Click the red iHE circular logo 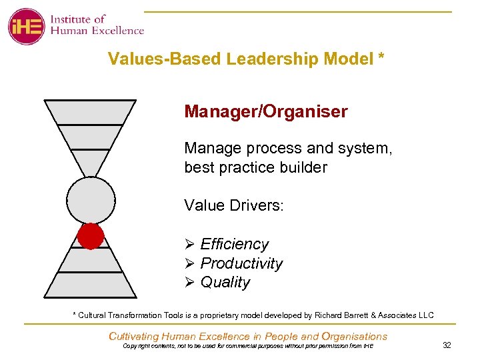tap(26, 26)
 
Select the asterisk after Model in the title tap(381, 58)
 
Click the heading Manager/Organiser tap(266, 111)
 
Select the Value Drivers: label tap(234, 205)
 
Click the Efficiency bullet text tap(234, 245)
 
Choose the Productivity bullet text tap(241, 263)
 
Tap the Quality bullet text tap(225, 282)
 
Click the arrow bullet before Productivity tap(189, 263)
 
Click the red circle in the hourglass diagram tap(91, 236)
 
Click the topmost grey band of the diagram tap(90, 111)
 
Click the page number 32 tap(446, 345)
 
